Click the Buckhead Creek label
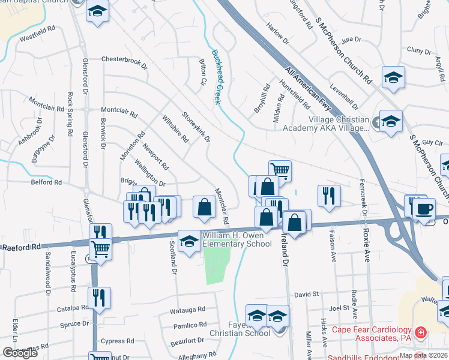217,77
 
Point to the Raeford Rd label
21,247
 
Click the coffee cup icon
424,209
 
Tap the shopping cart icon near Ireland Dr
280,170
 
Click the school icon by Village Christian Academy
391,122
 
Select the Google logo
20,353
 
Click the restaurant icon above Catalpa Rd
99,297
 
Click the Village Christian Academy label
338,124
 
